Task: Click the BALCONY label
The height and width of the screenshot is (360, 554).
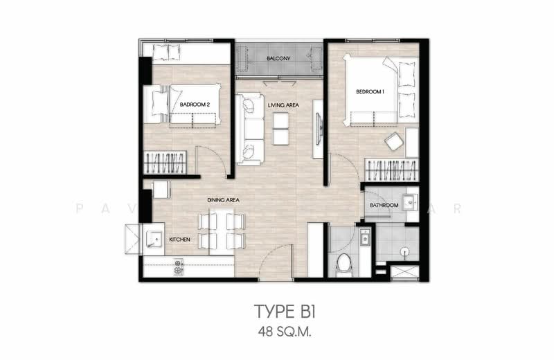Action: tap(278, 58)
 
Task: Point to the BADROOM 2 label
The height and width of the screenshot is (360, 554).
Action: tap(195, 105)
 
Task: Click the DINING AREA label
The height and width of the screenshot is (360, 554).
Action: tap(223, 200)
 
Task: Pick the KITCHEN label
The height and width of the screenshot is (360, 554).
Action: tap(180, 240)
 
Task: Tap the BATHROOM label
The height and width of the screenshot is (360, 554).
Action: tap(384, 206)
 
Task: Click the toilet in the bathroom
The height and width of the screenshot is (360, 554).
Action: tap(344, 262)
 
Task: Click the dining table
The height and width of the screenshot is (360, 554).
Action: tap(222, 231)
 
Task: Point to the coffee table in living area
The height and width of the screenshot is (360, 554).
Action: tap(280, 128)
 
